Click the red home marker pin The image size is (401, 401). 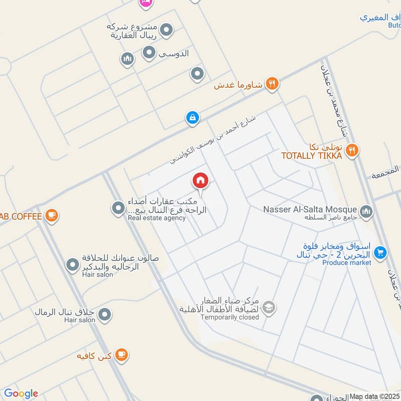click(x=200, y=180)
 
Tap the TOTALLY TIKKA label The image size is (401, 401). click(x=311, y=156)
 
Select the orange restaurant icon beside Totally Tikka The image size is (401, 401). click(x=352, y=149)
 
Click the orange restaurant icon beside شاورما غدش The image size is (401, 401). click(x=272, y=84)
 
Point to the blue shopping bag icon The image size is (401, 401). click(x=192, y=118)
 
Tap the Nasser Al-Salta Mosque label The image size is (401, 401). click(x=310, y=210)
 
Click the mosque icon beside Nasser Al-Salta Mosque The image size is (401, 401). click(x=366, y=212)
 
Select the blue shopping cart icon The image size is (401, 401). click(x=380, y=252)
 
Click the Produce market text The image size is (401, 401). click(x=346, y=263)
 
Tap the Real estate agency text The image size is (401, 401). click(x=156, y=218)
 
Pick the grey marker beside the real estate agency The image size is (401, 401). click(x=118, y=207)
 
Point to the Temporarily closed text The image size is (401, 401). click(x=230, y=317)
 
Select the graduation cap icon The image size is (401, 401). click(x=269, y=307)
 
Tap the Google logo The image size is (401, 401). click(x=21, y=393)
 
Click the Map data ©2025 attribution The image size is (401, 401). click(x=374, y=396)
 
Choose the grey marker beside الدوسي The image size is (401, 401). click(x=149, y=52)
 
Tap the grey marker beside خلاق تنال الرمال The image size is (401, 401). click(x=104, y=315)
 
